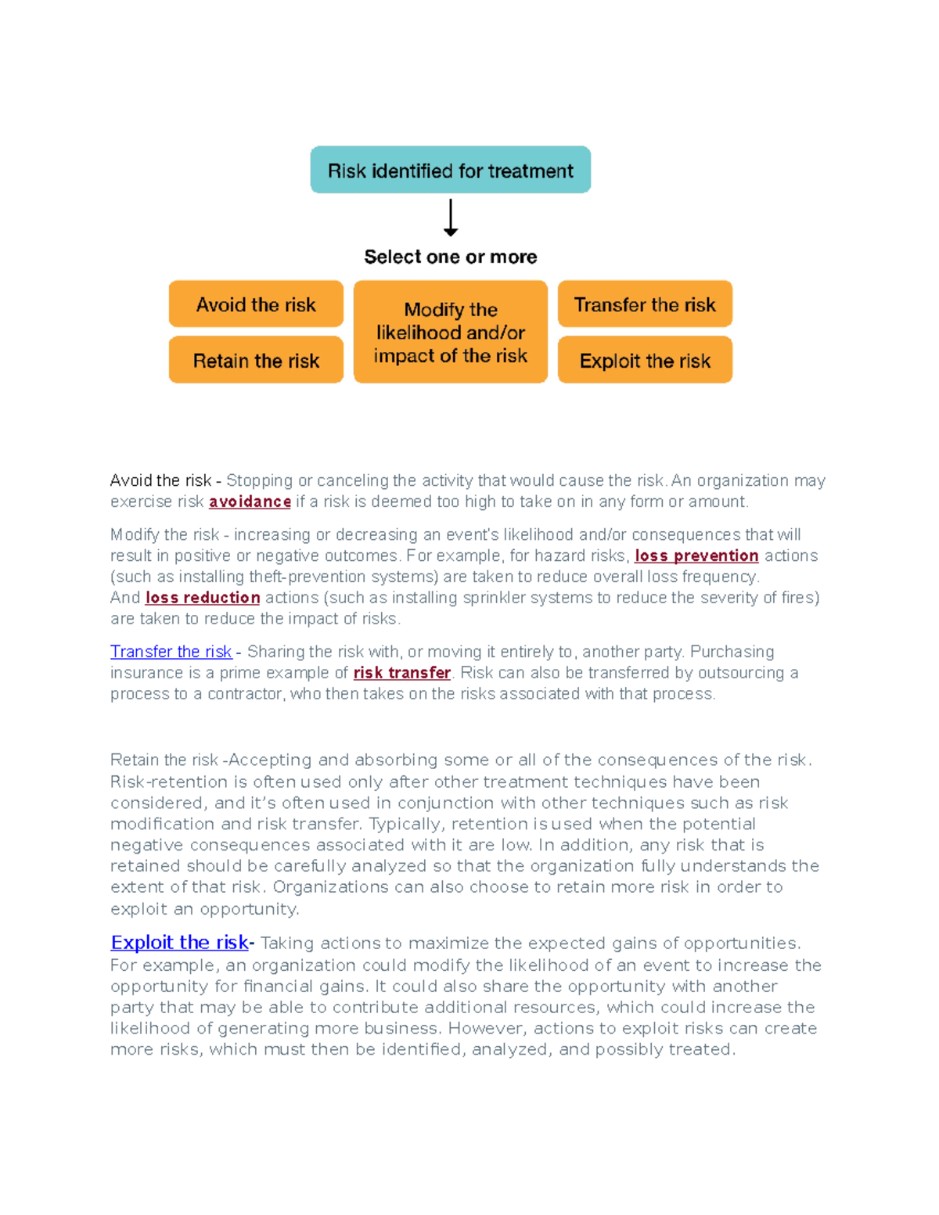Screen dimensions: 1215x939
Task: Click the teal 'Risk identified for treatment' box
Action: [450, 170]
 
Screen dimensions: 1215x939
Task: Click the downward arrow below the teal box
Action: [451, 218]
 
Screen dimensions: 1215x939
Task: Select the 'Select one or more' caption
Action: [451, 257]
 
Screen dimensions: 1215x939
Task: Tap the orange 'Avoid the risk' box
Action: [256, 304]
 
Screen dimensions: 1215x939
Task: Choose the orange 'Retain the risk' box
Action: [256, 361]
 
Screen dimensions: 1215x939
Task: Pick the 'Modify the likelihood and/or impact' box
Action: [451, 333]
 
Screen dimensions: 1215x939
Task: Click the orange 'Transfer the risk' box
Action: [645, 304]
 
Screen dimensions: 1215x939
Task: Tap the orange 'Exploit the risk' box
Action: [645, 361]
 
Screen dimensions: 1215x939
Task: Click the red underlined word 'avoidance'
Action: [250, 501]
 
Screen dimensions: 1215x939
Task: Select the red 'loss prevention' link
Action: [696, 555]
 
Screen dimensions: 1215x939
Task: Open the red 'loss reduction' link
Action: [203, 598]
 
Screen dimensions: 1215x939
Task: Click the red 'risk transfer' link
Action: [401, 673]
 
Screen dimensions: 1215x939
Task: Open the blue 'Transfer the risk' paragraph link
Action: [171, 652]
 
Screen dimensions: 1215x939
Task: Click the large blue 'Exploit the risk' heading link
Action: [179, 943]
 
